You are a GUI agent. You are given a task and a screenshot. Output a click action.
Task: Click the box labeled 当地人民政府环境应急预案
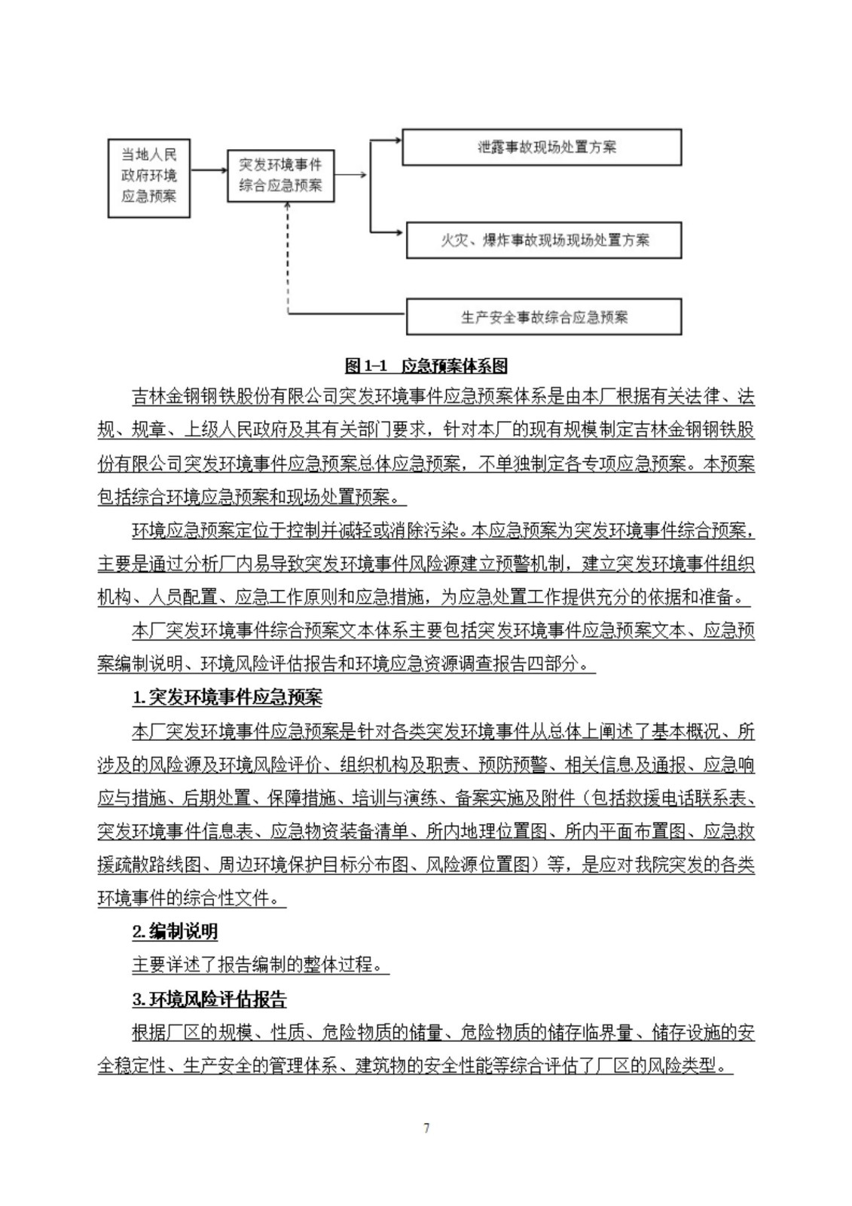point(148,177)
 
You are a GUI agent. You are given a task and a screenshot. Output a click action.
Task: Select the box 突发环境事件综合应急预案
point(280,175)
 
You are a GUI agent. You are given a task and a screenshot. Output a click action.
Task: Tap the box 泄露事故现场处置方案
point(542,147)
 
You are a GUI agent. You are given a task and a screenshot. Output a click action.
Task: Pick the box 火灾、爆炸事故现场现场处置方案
point(544,240)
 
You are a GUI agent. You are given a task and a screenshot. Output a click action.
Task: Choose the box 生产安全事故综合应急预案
point(544,317)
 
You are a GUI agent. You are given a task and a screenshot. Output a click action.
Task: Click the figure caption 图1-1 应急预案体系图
point(426,366)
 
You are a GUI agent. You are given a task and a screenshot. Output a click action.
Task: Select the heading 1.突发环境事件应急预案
point(227,698)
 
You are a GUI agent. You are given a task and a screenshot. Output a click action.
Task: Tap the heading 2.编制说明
point(175,932)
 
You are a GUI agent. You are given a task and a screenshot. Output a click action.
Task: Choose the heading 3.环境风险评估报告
point(209,1000)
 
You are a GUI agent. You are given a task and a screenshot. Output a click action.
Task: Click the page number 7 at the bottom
point(426,1128)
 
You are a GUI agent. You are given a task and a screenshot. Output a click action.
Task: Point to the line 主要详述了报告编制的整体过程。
point(261,966)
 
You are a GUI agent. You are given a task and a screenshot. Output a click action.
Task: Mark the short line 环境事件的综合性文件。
point(191,898)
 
